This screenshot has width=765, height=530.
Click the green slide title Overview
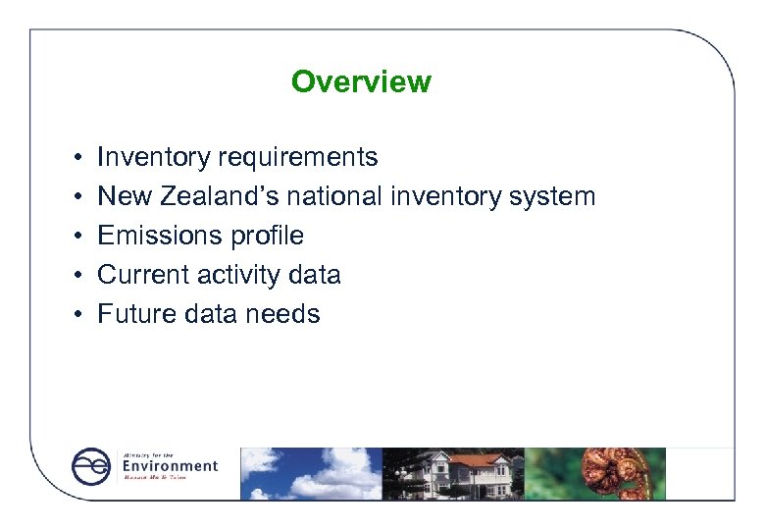361,81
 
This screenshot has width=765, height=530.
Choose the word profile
267,236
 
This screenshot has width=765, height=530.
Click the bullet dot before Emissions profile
76,237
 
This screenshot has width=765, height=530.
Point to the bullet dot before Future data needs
76,315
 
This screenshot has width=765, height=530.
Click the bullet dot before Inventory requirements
76,158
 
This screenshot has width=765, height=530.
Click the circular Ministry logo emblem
91,466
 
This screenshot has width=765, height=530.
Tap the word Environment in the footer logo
170,465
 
